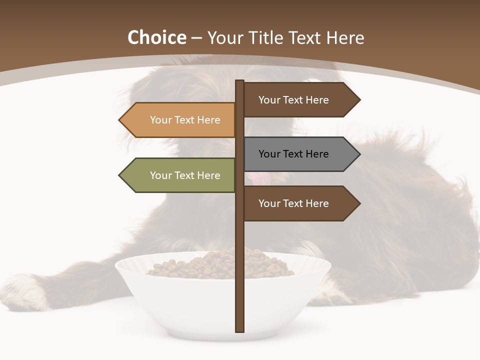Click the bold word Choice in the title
[156, 38]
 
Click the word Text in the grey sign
[293, 154]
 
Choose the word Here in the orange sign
[208, 120]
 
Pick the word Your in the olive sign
[161, 175]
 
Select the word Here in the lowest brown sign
[317, 203]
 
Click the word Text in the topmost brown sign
[293, 100]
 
